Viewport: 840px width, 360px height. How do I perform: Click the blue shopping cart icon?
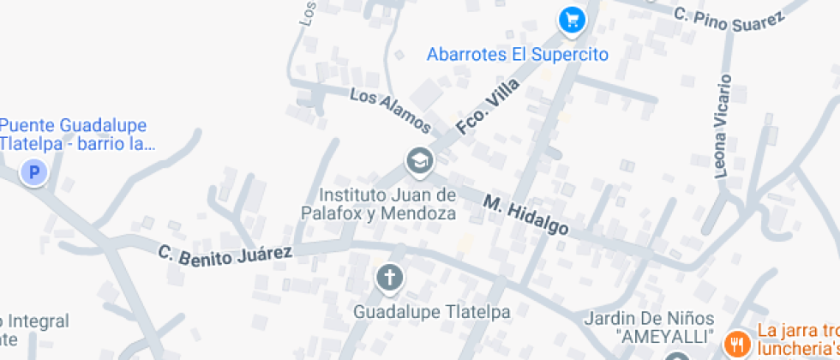571,20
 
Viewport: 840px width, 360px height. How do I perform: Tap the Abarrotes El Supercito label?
517,55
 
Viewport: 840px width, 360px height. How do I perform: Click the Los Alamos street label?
390,110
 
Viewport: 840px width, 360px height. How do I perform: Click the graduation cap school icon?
419,160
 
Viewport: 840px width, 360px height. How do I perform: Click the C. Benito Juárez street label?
225,253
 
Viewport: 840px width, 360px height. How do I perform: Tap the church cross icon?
390,278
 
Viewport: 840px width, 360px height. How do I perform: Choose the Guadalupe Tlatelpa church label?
432,312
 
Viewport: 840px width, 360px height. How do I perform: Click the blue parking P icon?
34,174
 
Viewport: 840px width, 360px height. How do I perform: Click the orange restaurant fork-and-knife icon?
735,345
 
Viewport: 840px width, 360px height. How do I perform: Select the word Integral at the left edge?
36,321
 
